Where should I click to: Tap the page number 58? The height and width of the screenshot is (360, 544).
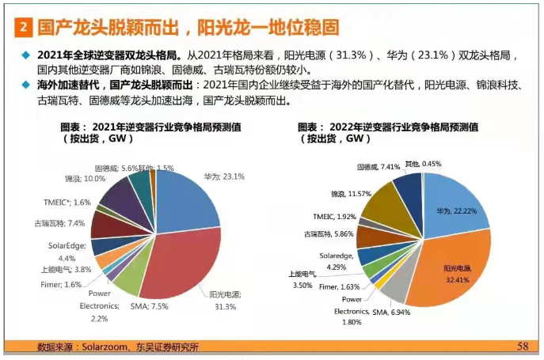click(x=522, y=346)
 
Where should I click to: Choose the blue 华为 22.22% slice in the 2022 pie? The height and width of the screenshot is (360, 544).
click(x=451, y=210)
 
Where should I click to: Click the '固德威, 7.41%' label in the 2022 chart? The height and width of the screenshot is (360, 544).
click(x=377, y=167)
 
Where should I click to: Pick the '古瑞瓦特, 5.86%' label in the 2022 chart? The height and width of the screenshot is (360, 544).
click(x=326, y=234)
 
